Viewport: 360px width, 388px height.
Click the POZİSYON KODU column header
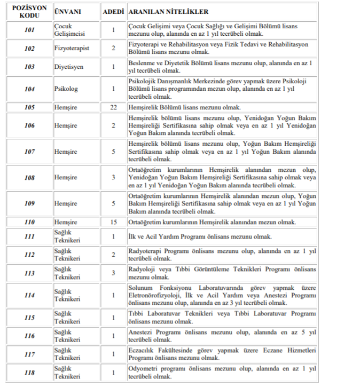click(30, 12)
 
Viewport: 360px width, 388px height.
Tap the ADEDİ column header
click(113, 12)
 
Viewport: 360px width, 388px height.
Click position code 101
click(30, 29)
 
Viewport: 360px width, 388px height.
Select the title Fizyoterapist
click(71, 48)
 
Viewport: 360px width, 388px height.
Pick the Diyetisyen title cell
click(68, 67)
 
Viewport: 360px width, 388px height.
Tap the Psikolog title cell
click(66, 89)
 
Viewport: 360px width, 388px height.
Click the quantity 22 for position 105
click(113, 107)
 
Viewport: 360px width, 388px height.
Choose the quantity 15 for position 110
click(113, 222)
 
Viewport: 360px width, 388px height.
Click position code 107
click(30, 152)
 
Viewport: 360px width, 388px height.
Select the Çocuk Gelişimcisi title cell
click(67, 29)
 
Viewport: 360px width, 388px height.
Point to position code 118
click(30, 373)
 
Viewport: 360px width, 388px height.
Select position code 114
click(30, 295)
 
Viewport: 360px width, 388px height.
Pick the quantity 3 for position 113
click(113, 273)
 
